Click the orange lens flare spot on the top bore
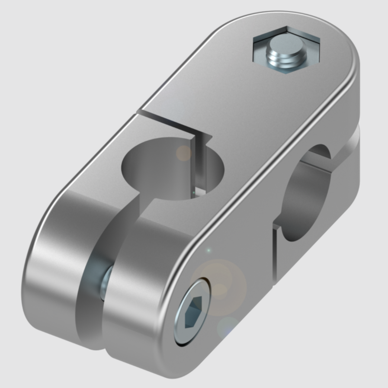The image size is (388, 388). [184, 153]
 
